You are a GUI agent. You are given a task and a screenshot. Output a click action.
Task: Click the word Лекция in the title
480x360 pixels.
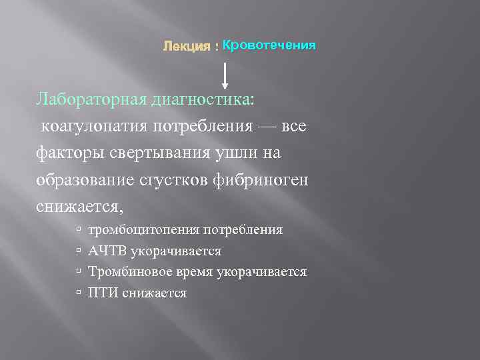[186, 47]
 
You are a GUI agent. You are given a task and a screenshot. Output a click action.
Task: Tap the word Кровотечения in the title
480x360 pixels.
[269, 45]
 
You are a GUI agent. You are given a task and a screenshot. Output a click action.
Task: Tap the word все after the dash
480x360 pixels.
[294, 127]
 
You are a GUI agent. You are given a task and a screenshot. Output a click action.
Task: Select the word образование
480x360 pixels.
[87, 180]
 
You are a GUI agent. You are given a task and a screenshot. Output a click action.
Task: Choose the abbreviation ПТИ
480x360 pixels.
[103, 293]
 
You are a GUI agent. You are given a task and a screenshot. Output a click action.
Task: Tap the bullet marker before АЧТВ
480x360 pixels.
[79, 251]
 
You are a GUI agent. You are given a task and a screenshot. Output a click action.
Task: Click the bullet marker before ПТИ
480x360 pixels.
[79, 293]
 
